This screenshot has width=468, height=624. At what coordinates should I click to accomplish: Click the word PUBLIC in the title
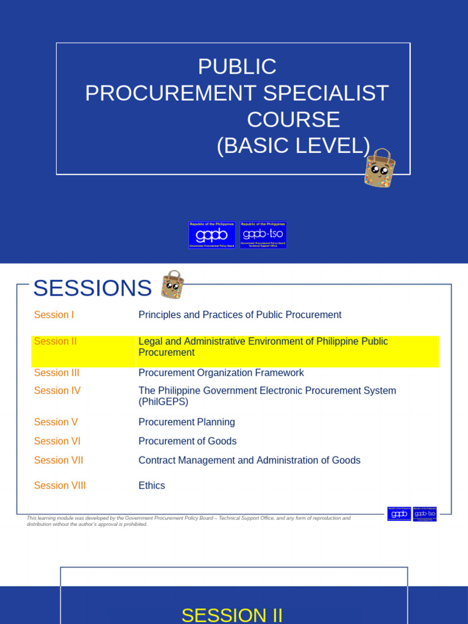pyautogui.click(x=238, y=66)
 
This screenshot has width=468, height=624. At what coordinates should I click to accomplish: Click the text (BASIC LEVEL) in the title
pyautogui.click(x=293, y=146)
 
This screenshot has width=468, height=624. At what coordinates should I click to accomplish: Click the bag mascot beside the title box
pyautogui.click(x=380, y=168)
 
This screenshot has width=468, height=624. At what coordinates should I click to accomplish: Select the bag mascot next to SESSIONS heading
pyautogui.click(x=172, y=285)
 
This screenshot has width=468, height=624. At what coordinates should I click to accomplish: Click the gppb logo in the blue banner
pyautogui.click(x=212, y=235)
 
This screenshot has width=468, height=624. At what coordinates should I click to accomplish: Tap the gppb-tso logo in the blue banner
pyautogui.click(x=263, y=235)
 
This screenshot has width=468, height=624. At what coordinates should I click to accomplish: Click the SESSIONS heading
pyautogui.click(x=92, y=288)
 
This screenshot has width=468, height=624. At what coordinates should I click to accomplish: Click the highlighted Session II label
pyautogui.click(x=55, y=341)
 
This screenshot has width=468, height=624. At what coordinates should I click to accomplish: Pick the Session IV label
pyautogui.click(x=57, y=391)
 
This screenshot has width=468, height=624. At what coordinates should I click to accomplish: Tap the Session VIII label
pyautogui.click(x=60, y=486)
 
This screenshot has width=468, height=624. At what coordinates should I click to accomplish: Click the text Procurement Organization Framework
pyautogui.click(x=221, y=373)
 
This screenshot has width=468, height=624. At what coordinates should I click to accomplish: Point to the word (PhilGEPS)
pyautogui.click(x=163, y=402)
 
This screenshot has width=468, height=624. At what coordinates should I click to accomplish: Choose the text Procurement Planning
pyautogui.click(x=186, y=422)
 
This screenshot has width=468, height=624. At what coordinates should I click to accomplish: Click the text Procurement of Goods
pyautogui.click(x=188, y=441)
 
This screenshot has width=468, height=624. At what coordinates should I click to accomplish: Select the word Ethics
pyautogui.click(x=152, y=486)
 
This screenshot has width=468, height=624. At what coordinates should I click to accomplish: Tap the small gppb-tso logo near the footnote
pyautogui.click(x=425, y=514)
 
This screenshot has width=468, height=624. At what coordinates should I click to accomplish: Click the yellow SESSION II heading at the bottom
pyautogui.click(x=232, y=615)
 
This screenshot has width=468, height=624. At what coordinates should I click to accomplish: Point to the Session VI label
pyautogui.click(x=57, y=441)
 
